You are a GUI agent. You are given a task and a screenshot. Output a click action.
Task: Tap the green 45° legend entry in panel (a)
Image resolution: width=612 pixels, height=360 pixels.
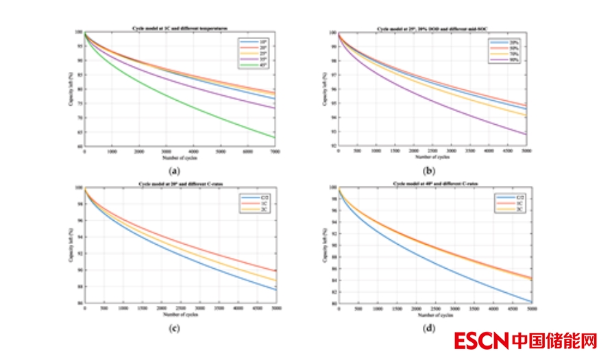pyautogui.click(x=252, y=67)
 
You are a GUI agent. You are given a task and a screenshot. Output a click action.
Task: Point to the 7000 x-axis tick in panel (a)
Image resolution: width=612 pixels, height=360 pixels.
pyautogui.click(x=274, y=151)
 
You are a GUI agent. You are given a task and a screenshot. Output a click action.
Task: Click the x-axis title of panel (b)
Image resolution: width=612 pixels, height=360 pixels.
pyautogui.click(x=434, y=157)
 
